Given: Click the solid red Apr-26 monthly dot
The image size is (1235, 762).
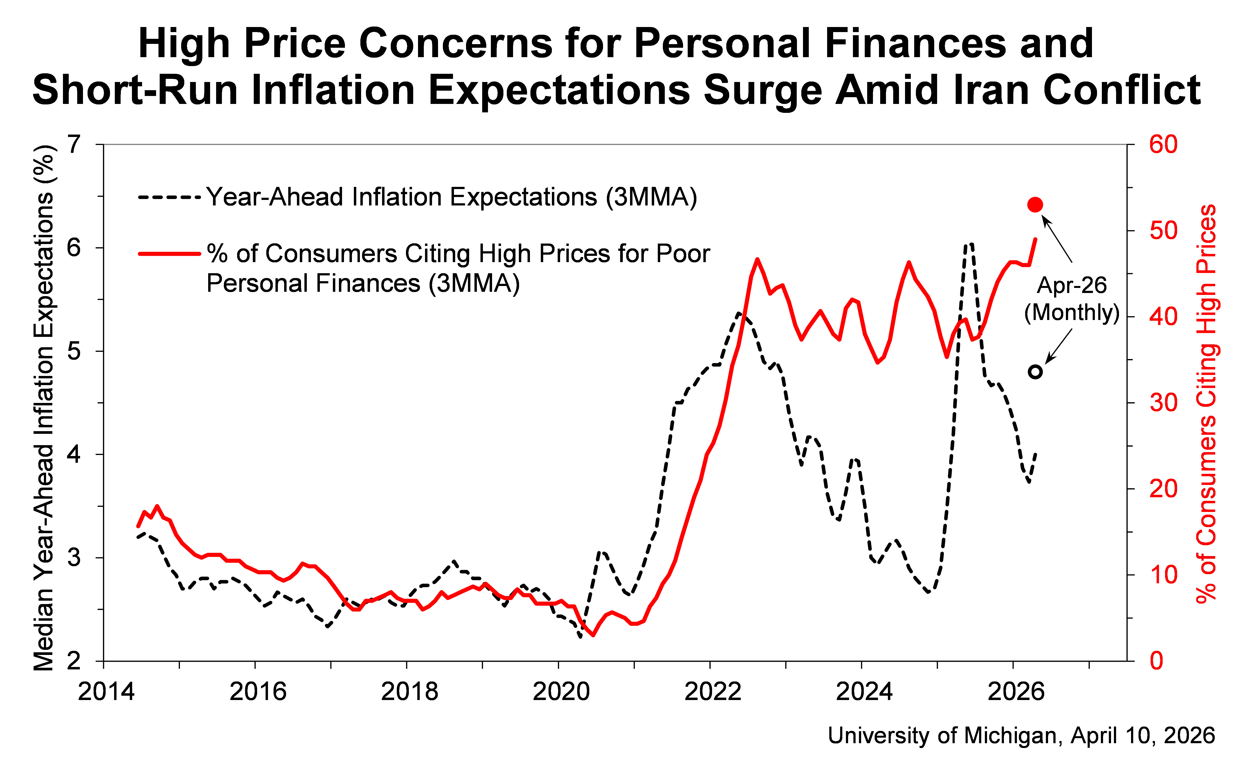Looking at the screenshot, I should coord(1035,205).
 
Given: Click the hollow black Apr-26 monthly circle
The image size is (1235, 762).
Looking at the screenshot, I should coord(1035,372).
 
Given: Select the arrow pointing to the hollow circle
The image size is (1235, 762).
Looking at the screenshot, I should coord(1059,346).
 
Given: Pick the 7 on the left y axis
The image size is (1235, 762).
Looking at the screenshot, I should coord(74,145).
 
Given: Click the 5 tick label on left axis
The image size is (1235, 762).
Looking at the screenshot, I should coord(74,351).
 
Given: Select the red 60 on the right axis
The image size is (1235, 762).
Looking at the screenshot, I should coord(1163,145).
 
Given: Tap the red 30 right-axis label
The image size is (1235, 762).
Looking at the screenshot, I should coord(1163,403).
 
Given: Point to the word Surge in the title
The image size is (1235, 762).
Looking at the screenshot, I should coord(762,90).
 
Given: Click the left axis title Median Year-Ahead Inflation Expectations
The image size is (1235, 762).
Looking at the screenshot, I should coord(44,408).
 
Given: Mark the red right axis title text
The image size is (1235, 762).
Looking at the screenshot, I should coord(1206,403).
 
